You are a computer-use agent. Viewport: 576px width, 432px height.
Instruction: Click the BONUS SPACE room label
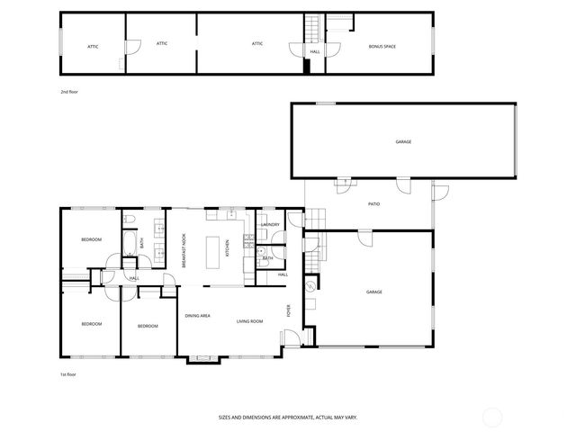coord(382,46)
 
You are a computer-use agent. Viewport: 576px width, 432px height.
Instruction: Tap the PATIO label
coord(373,204)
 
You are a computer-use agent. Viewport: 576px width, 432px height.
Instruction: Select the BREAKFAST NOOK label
coord(184,249)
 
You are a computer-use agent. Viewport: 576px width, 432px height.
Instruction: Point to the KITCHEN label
coord(240,247)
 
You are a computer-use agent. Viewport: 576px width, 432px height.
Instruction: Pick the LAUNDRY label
coord(271,225)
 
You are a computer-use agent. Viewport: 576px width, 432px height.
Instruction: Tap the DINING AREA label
coord(198,316)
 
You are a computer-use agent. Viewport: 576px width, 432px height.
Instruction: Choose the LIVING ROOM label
coord(249,321)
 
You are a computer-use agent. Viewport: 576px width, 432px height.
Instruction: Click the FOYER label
coord(289,311)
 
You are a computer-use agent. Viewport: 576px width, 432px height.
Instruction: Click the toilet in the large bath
coord(130,219)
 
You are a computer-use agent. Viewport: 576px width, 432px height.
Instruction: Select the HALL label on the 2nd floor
coord(315,51)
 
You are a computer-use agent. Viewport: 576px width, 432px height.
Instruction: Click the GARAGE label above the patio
coord(403,141)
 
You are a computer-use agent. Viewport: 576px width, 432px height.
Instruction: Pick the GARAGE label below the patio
coord(374,292)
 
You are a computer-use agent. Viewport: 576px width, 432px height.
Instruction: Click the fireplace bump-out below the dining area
coord(202,358)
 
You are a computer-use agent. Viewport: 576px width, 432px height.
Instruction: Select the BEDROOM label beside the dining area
coord(148,326)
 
